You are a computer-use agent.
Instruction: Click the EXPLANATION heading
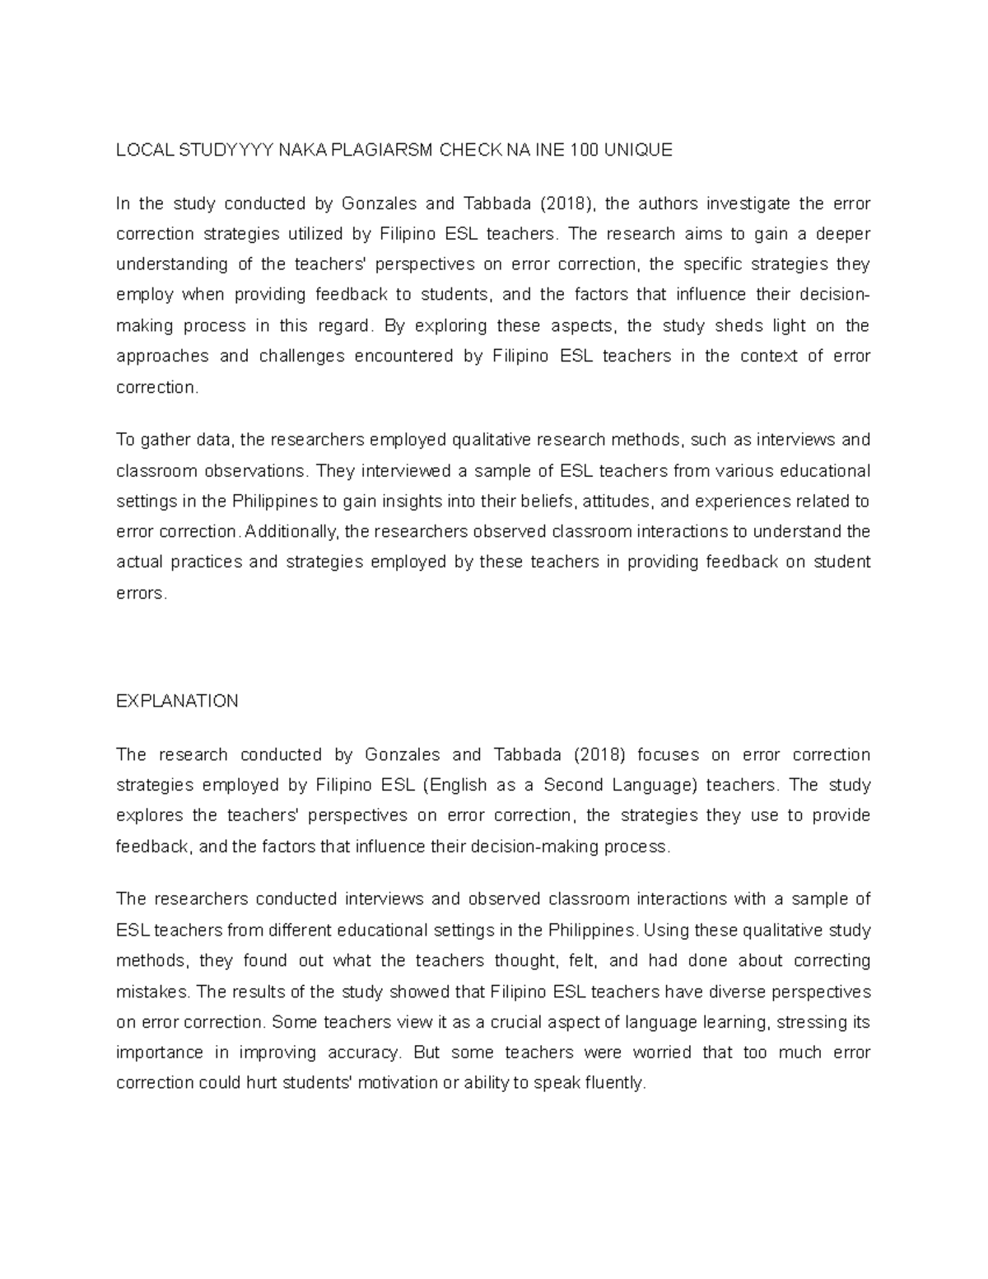pos(177,701)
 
